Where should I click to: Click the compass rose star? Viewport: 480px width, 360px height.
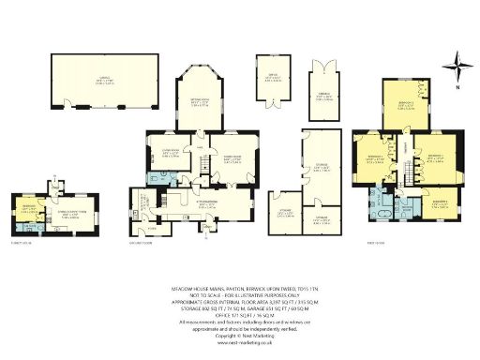point(457,64)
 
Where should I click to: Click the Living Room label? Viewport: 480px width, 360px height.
point(167,152)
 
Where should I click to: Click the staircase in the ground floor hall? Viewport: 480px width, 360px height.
point(200,167)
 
